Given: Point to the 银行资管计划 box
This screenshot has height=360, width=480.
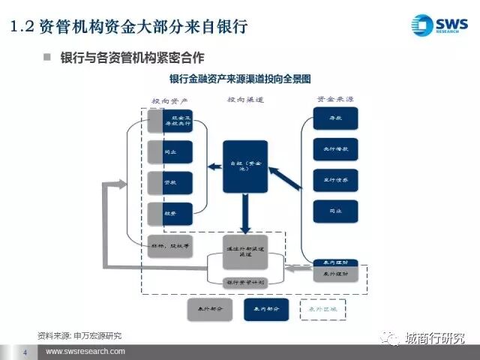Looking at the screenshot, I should click(244, 281).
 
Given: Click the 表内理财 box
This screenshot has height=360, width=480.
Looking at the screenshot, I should click(334, 263).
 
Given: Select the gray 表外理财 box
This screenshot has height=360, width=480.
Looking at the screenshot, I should click(334, 275).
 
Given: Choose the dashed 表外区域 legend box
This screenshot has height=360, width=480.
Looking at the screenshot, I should click(323, 307).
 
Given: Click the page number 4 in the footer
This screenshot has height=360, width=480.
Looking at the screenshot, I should click(25, 352).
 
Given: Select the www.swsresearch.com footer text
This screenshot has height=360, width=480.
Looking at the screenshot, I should click(85, 352).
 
